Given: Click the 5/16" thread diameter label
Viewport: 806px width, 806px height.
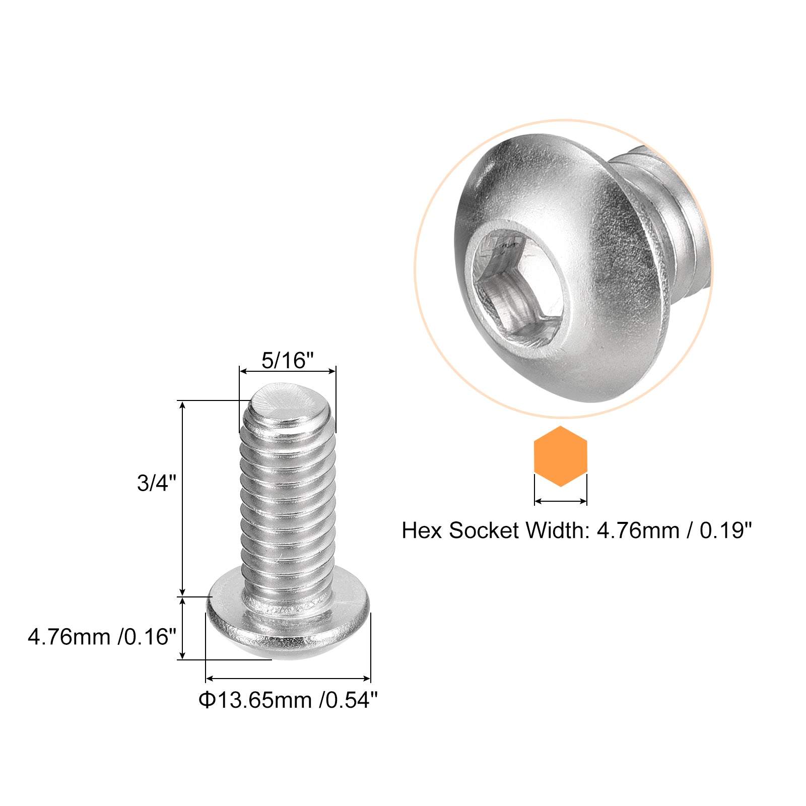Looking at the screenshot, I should point(287,361).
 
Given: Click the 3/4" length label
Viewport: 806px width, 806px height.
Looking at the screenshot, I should point(157,483).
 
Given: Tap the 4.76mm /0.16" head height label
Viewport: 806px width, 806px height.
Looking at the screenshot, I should point(102,637).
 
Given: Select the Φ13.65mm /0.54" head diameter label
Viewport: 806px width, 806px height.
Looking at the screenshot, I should point(288,700).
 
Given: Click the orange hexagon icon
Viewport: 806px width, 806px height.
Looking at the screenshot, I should point(560,456).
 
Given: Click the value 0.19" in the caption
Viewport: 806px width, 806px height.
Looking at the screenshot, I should point(725,530).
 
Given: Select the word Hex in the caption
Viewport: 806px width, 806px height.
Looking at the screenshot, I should point(422,530).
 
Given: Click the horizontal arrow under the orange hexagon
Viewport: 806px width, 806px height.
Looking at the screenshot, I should point(560,501).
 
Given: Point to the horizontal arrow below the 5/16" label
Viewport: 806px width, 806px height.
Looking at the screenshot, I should point(287,372).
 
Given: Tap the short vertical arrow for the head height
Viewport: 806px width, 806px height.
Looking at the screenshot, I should point(183,628).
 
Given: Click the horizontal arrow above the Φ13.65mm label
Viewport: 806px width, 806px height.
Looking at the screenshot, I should point(288,679).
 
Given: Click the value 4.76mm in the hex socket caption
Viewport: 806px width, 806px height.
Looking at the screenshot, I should point(638,530).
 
